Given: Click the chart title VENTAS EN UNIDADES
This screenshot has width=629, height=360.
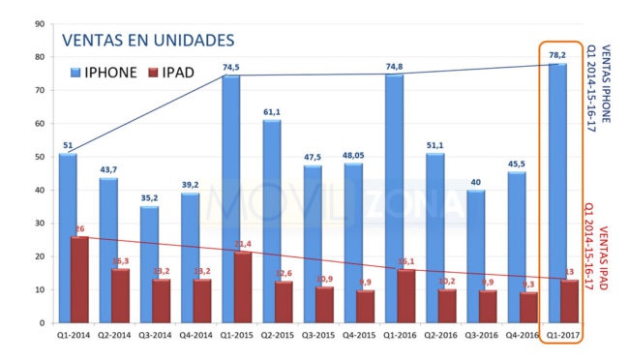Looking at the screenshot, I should pos(147,40).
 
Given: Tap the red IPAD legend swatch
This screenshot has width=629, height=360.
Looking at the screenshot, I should pos(156,73).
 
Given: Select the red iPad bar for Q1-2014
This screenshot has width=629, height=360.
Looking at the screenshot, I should pos(78,280).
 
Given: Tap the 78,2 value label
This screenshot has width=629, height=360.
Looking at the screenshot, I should pos(557,55).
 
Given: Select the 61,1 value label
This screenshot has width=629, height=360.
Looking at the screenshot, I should pos(271,111).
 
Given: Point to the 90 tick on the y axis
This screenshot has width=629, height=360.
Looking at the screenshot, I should pos(38,23).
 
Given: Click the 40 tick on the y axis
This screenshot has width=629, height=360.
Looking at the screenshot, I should pos(38,190).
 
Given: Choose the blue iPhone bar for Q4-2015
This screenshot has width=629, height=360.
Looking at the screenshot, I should pos(352,242).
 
